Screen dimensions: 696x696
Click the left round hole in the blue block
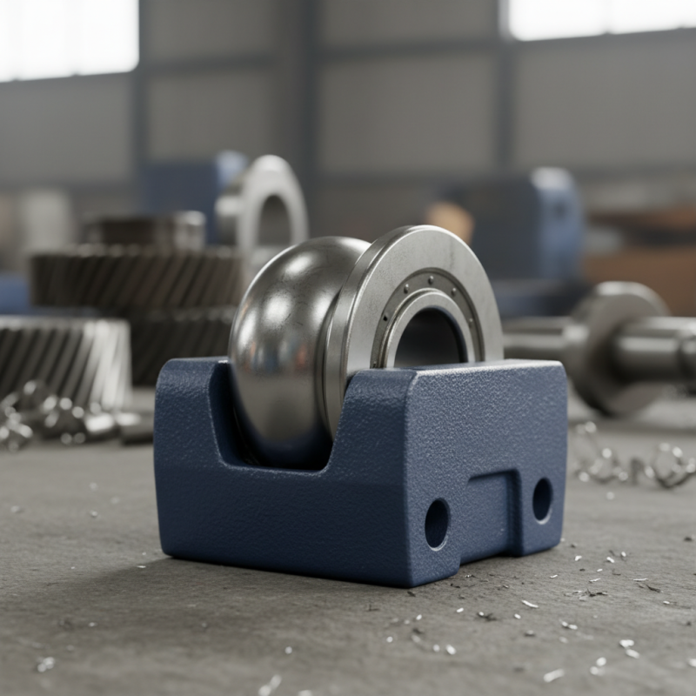(x=437, y=523)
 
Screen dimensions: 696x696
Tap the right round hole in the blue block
(x=542, y=499)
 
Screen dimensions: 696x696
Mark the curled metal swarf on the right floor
(x=635, y=461)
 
